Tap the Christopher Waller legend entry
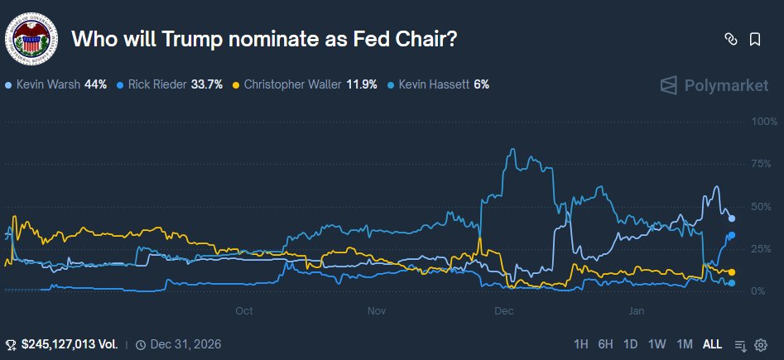(x=305, y=84)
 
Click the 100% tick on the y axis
(x=760, y=122)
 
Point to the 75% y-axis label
(x=762, y=164)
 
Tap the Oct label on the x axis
(x=243, y=311)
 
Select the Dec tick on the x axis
(x=503, y=311)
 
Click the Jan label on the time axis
(x=636, y=311)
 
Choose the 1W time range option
(x=657, y=344)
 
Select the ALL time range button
(x=712, y=344)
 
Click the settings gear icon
(x=761, y=344)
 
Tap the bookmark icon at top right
(x=755, y=39)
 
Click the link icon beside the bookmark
(x=730, y=39)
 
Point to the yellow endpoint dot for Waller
(x=731, y=272)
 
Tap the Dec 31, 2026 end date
(x=177, y=344)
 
